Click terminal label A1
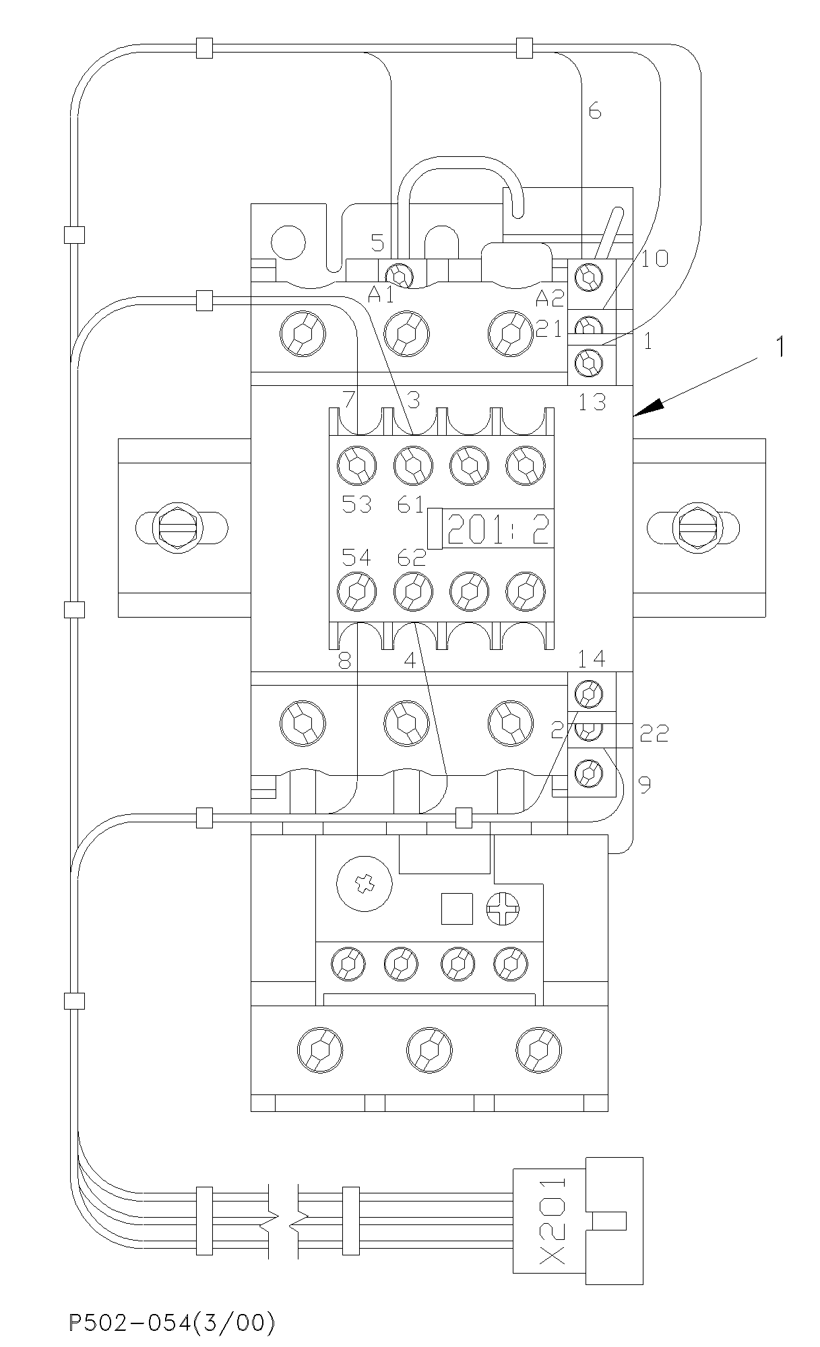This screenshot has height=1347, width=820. [381, 294]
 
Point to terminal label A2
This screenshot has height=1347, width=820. [549, 297]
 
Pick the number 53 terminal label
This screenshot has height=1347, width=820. [356, 504]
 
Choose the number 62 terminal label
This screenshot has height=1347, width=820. [411, 558]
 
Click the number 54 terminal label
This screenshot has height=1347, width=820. [356, 558]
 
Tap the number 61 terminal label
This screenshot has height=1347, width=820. [410, 504]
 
